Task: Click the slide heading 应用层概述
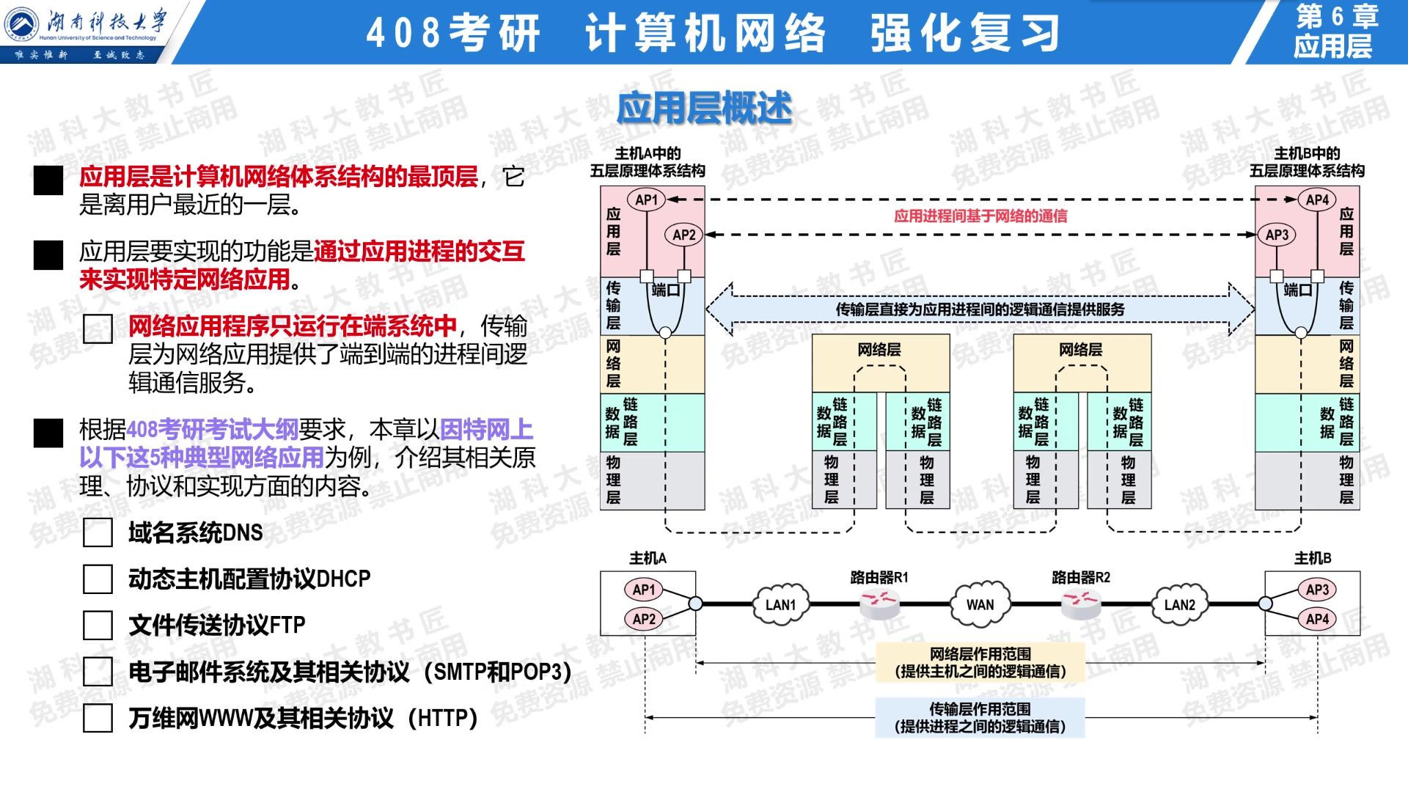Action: tap(705, 109)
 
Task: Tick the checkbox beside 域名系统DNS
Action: tap(98, 533)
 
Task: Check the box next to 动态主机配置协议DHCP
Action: tap(98, 579)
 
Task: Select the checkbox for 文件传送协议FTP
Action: tap(98, 626)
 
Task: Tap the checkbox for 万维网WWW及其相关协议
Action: tap(98, 718)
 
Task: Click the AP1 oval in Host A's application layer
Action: tap(646, 199)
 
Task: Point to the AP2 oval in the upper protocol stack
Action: tap(683, 235)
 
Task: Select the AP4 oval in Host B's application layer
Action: tap(1318, 199)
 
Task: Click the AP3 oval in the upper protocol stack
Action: tap(1277, 235)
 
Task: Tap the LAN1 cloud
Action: tap(780, 604)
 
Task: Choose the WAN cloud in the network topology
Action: tap(980, 604)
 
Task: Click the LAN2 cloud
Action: tap(1180, 604)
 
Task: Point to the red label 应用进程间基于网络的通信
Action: tap(980, 216)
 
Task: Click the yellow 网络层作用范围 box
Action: tap(980, 662)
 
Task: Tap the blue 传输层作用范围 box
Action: tap(980, 718)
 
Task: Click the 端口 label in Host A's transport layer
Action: tap(666, 290)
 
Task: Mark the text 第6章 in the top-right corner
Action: tap(1338, 16)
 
